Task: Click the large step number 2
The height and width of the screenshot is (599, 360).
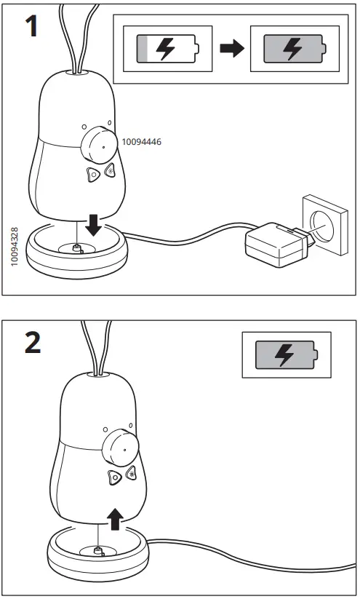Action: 33,344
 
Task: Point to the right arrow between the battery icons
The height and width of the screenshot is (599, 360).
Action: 231,49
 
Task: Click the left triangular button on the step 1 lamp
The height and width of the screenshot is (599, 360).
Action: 92,175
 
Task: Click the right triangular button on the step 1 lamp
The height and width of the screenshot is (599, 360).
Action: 110,172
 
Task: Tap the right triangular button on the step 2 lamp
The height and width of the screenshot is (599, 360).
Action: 131,473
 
